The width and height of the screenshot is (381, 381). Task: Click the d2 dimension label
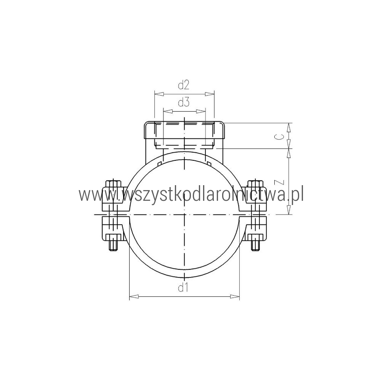[x=184, y=85]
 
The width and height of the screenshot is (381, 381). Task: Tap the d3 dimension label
[x=184, y=103]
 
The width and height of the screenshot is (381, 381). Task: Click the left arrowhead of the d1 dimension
[x=134, y=296]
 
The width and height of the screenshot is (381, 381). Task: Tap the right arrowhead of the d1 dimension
[x=235, y=296]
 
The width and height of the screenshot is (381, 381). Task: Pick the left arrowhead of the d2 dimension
[x=159, y=94]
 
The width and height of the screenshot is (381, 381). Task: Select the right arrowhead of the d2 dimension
[x=210, y=94]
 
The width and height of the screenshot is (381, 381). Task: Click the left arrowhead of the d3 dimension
[x=168, y=111]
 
